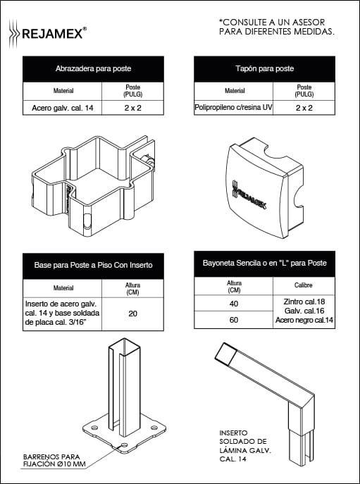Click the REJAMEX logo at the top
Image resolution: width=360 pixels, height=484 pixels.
coord(47,33)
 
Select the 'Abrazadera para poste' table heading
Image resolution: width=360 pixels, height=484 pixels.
coord(93,68)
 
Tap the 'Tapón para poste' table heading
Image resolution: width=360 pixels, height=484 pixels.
coord(265,68)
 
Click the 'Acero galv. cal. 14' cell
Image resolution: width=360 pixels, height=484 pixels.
coord(63,108)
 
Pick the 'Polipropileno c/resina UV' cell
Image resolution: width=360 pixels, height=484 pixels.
coord(233,108)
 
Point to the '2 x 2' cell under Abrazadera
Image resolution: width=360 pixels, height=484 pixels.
coord(132,108)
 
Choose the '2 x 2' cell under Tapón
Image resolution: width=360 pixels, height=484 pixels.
coord(304,108)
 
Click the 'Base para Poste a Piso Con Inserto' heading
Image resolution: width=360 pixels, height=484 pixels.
coord(93,265)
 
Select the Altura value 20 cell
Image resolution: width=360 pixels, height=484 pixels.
coord(132,314)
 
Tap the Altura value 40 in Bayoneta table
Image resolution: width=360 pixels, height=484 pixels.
coord(234,304)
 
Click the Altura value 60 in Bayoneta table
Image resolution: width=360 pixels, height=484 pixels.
coord(234,320)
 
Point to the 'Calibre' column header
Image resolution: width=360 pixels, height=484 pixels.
coord(304,285)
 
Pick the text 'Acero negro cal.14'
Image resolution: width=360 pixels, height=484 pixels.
coord(304,320)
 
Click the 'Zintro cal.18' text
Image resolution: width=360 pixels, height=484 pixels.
coord(304,302)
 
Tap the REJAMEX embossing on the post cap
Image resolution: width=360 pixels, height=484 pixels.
coord(249,195)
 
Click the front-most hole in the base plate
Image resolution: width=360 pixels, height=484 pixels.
coord(125,445)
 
